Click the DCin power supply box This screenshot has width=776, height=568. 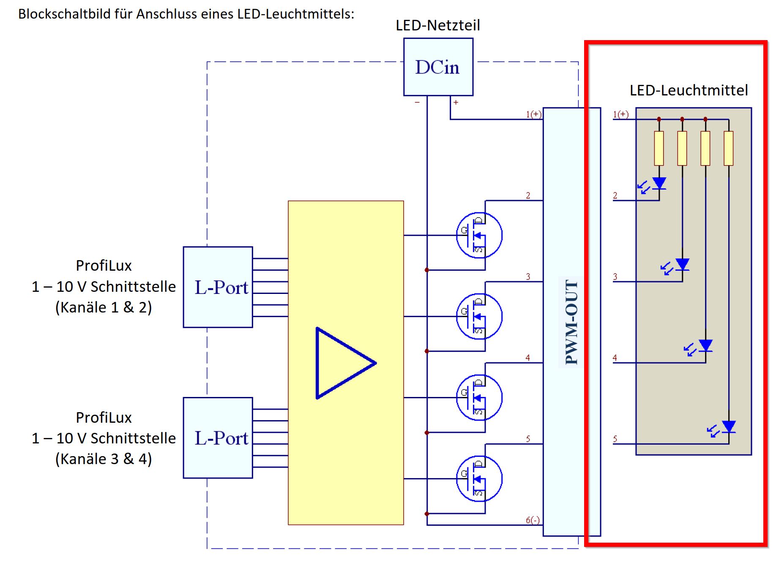438,67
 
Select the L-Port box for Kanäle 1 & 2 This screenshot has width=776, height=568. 218,287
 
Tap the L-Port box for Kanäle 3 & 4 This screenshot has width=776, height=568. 218,438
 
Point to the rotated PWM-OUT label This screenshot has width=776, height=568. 571,322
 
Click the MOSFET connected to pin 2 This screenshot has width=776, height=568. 479,235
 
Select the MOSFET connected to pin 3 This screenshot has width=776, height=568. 479,316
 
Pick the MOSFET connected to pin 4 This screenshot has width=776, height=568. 479,397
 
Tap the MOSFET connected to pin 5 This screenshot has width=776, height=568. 479,479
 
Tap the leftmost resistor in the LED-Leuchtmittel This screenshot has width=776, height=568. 659,148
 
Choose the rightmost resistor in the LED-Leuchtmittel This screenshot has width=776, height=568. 729,148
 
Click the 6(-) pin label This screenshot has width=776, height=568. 533,520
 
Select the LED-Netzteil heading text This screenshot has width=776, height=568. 438,25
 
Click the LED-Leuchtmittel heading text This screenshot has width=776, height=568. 689,90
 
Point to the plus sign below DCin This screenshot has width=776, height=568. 456,102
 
